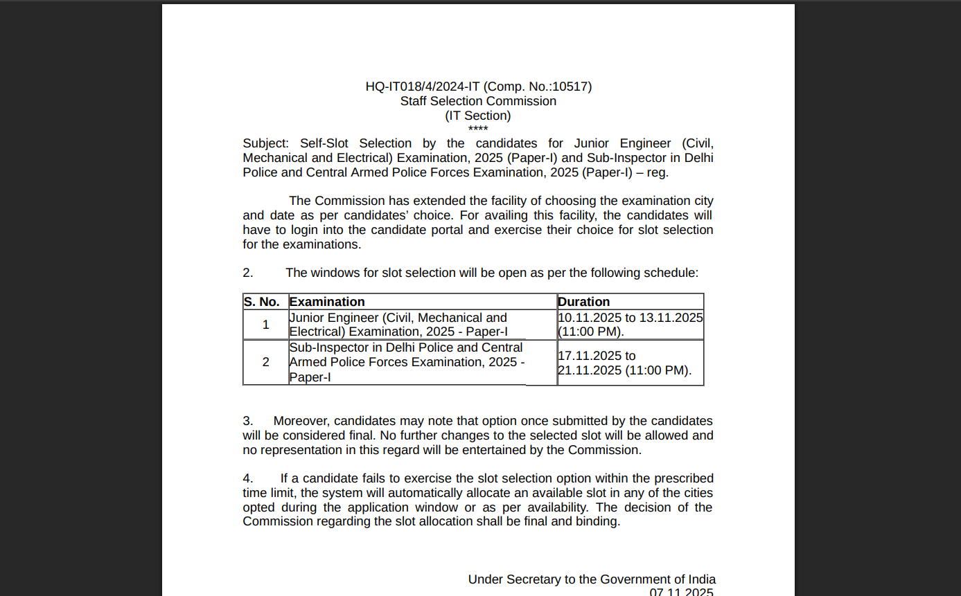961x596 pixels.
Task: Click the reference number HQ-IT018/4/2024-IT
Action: (423, 87)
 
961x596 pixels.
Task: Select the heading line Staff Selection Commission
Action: (478, 101)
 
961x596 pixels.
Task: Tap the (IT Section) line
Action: (478, 116)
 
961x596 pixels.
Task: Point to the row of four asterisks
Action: (478, 129)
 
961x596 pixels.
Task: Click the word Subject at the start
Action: (265, 143)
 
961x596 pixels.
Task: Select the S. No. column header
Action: (262, 302)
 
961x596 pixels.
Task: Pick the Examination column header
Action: (327, 302)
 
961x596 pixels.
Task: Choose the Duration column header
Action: (584, 302)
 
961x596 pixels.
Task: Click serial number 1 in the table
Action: (265, 325)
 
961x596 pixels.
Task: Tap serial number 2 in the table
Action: (265, 362)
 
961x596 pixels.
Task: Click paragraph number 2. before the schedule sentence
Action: (248, 273)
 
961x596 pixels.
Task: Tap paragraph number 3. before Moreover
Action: (248, 421)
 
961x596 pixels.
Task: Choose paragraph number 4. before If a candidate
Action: (248, 478)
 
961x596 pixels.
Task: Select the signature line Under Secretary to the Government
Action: (592, 579)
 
